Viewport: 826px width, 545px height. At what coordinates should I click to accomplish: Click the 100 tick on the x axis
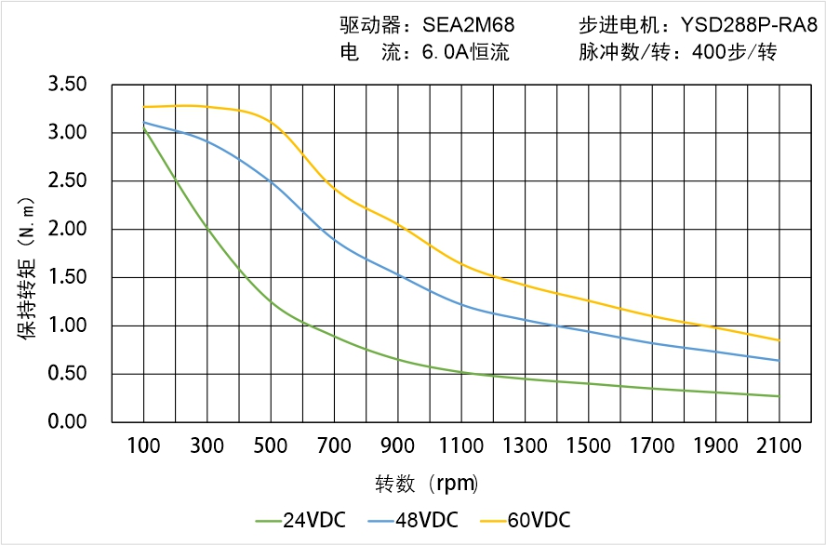[x=143, y=446]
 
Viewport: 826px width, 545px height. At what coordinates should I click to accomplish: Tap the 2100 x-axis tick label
[x=779, y=446]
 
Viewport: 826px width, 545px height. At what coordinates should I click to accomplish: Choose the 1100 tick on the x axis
[x=461, y=446]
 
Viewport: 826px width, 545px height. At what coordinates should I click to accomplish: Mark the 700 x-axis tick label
[x=334, y=446]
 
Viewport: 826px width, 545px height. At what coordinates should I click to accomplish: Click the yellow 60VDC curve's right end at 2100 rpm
[x=779, y=340]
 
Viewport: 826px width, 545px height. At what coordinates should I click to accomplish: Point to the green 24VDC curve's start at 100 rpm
[x=143, y=129]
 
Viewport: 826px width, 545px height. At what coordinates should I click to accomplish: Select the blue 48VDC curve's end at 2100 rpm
[x=779, y=361]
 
